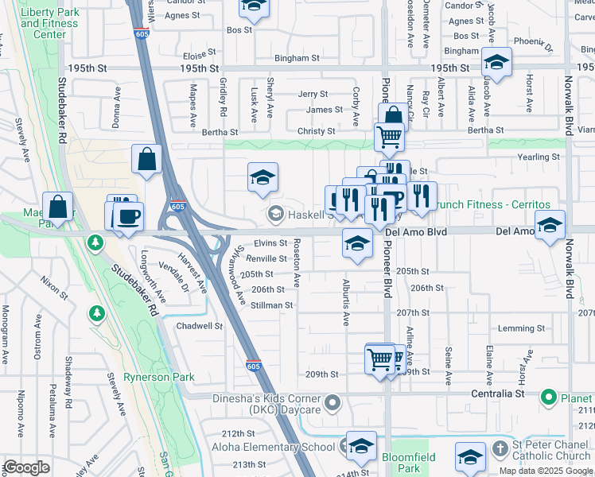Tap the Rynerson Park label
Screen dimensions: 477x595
coord(159,378)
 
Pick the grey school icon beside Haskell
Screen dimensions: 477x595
coord(276,212)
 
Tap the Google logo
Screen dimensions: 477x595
coord(27,467)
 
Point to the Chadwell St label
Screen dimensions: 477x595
coord(199,326)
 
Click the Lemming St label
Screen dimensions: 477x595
coord(520,328)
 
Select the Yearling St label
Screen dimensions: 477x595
coord(539,157)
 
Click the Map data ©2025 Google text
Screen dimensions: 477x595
coord(545,471)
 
